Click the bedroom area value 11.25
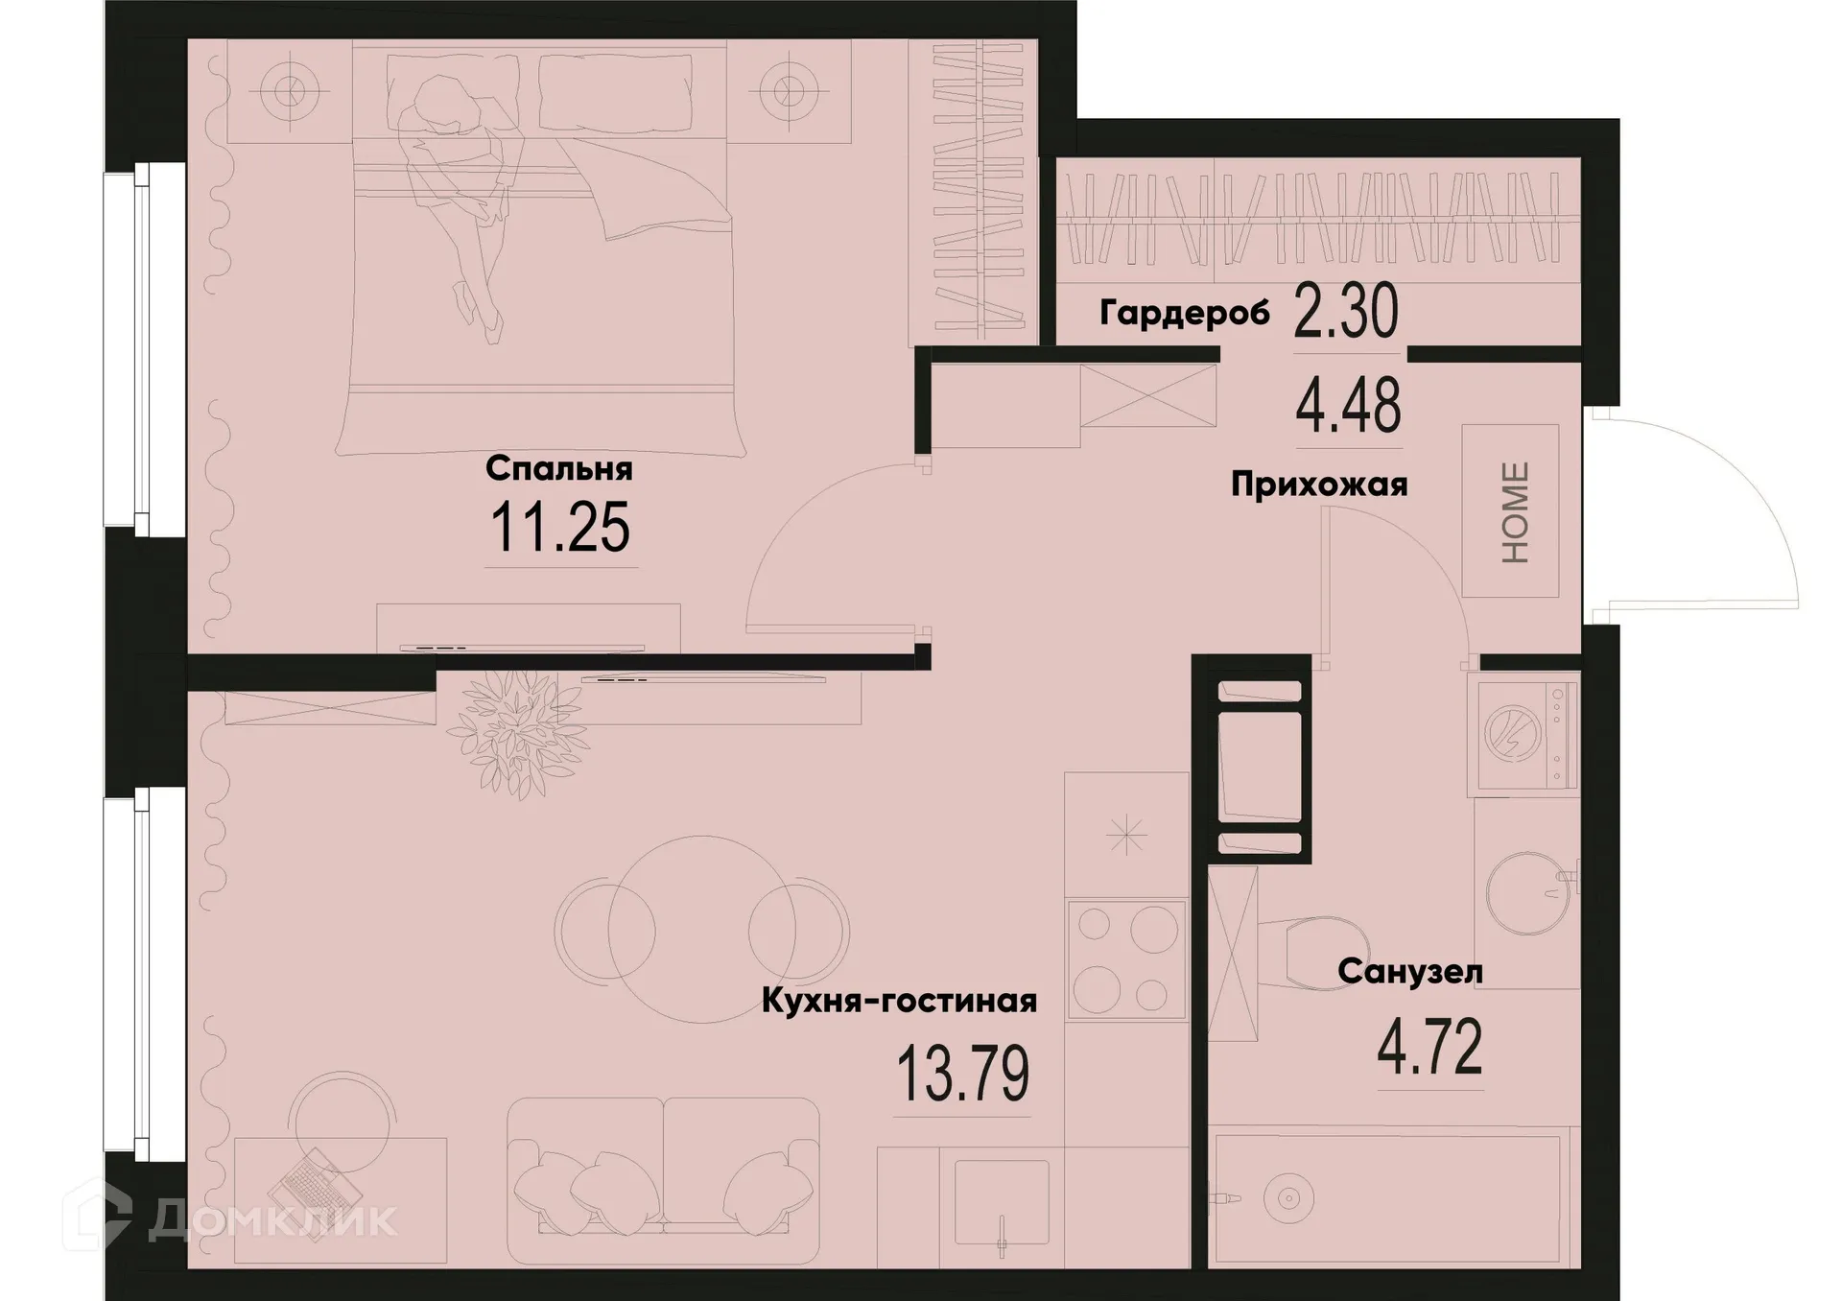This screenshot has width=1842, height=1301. (560, 529)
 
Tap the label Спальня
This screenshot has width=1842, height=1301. (559, 469)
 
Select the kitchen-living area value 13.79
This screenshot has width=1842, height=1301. (962, 1076)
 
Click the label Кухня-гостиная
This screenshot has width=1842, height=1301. (899, 1002)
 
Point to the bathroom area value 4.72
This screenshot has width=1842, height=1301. (1429, 1049)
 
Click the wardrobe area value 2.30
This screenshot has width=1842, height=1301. (1346, 313)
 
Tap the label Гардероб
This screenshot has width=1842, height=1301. (1184, 313)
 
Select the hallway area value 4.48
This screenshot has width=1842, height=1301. (1348, 407)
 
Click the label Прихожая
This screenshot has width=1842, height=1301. (1319, 485)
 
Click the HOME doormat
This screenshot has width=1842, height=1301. (1511, 511)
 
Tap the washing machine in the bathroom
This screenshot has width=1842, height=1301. (1522, 735)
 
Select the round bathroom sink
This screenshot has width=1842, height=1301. (1528, 892)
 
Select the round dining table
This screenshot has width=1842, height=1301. (702, 929)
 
